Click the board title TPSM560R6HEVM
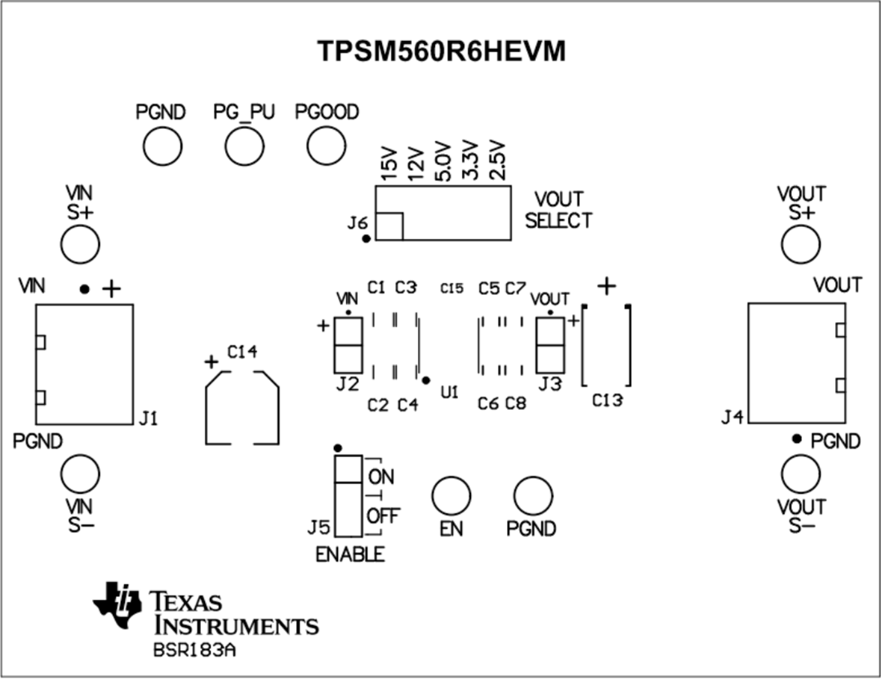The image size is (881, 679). pyautogui.click(x=441, y=51)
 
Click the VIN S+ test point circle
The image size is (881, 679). pyautogui.click(x=80, y=243)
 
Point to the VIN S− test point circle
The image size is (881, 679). pyautogui.click(x=80, y=473)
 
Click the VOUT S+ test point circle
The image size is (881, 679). pyautogui.click(x=801, y=244)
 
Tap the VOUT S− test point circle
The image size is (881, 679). pyautogui.click(x=801, y=475)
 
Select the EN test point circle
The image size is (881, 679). pyautogui.click(x=451, y=495)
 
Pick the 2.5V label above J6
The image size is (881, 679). pyautogui.click(x=497, y=161)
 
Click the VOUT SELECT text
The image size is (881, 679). pyautogui.click(x=558, y=209)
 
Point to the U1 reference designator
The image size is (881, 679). pyautogui.click(x=449, y=394)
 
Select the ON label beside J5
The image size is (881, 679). pyautogui.click(x=381, y=476)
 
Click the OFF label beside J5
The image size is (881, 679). pyautogui.click(x=383, y=516)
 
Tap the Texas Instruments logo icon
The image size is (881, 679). pyautogui.click(x=117, y=603)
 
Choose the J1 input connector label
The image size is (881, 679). pyautogui.click(x=148, y=418)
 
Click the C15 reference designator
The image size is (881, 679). pyautogui.click(x=452, y=289)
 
